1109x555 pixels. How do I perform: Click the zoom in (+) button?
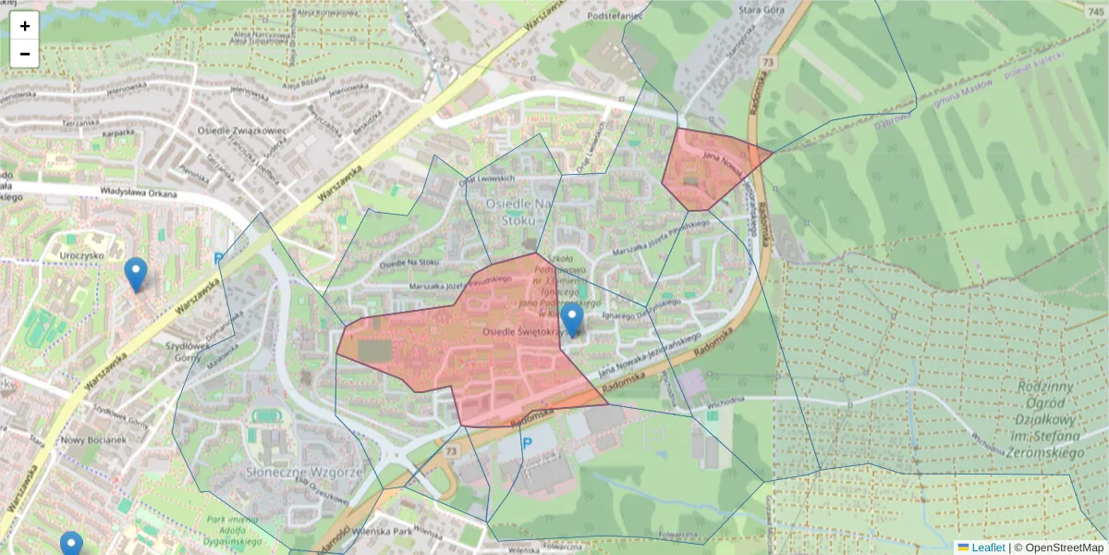[x=25, y=26]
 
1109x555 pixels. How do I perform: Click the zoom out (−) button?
[x=25, y=54]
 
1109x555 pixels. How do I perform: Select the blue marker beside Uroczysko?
[x=136, y=275]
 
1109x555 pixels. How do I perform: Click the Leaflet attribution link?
[x=987, y=548]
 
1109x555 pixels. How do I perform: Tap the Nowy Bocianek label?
[x=92, y=439]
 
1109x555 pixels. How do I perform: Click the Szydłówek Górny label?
[x=184, y=351]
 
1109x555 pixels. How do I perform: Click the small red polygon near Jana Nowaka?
[x=707, y=171]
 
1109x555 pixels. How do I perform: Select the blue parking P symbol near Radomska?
[x=528, y=443]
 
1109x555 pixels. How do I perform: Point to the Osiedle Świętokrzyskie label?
[x=525, y=330]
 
